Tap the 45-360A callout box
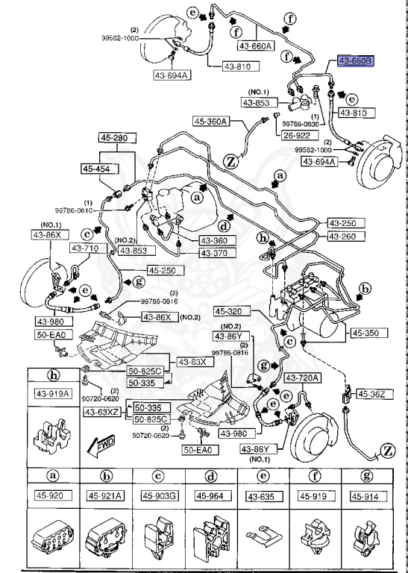tap(211, 122)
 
